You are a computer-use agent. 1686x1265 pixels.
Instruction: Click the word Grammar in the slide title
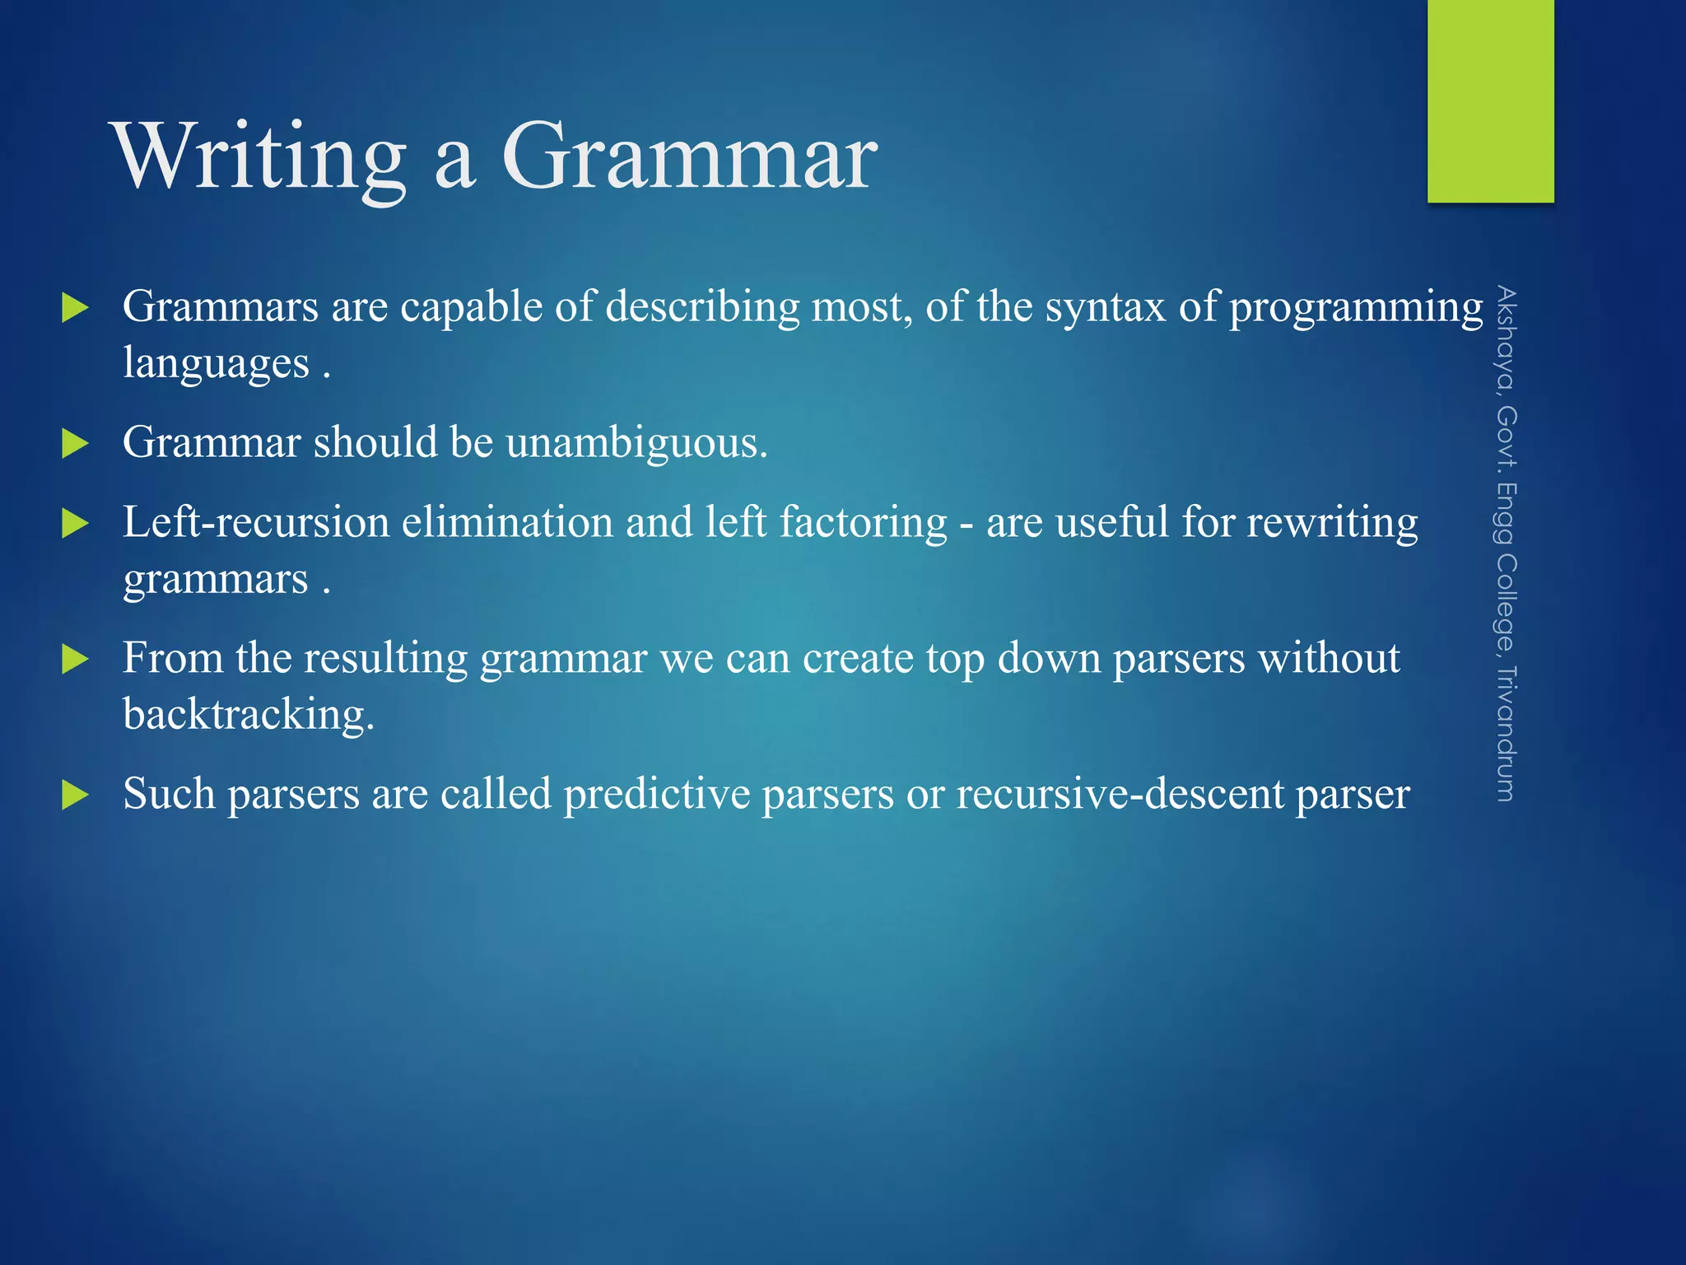tap(689, 156)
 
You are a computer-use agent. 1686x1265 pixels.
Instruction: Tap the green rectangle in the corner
tap(1490, 100)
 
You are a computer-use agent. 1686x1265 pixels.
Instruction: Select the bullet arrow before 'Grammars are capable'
tap(75, 309)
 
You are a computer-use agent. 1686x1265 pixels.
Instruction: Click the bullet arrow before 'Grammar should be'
tap(75, 444)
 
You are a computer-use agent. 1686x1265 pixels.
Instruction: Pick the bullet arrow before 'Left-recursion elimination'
tap(75, 524)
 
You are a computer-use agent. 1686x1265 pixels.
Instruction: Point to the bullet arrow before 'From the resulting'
tap(75, 659)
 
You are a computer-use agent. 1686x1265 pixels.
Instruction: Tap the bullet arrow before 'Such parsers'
tap(75, 795)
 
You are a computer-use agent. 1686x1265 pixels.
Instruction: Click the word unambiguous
tap(636, 443)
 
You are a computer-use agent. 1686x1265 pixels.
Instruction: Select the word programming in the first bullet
tap(1356, 308)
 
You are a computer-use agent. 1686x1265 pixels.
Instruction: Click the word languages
tap(216, 363)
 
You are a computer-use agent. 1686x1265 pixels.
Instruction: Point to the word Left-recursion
tap(255, 523)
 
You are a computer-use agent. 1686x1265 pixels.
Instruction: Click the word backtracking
tap(247, 714)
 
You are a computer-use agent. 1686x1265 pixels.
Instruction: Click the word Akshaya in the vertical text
tap(1506, 338)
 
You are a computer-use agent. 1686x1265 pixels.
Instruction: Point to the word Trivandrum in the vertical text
tap(1506, 732)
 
